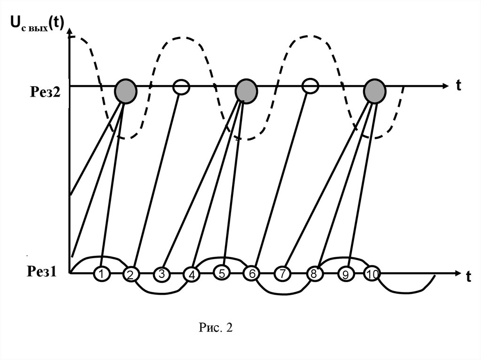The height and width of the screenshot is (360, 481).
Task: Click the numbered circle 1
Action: tap(101, 274)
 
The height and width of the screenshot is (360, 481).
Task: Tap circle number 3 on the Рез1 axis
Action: tap(161, 274)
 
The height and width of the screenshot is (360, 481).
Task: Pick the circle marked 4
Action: tap(192, 275)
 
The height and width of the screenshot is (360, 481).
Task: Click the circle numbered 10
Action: tap(372, 274)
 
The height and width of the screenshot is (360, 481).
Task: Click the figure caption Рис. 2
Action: tap(215, 327)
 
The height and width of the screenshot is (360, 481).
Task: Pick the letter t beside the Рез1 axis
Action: tap(468, 276)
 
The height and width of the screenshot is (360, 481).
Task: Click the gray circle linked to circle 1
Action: tap(126, 90)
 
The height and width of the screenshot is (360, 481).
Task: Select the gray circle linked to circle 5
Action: tap(246, 90)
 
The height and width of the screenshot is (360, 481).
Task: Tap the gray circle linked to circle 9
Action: tap(375, 90)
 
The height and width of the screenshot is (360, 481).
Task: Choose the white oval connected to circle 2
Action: tap(181, 86)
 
